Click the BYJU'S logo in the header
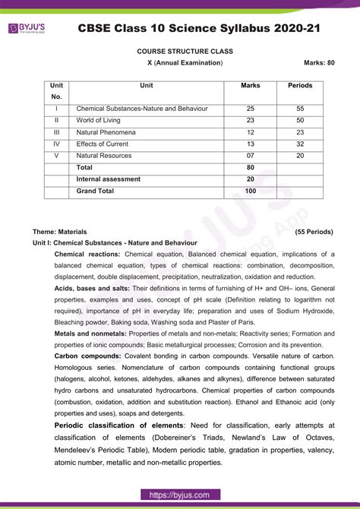pyautogui.click(x=28, y=27)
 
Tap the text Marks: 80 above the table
pyautogui.click(x=319, y=62)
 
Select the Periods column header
pyautogui.click(x=300, y=86)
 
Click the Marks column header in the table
pyautogui.click(x=250, y=86)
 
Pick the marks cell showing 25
pyautogui.click(x=250, y=109)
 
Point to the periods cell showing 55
pyautogui.click(x=300, y=109)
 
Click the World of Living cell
pyautogui.click(x=106, y=120)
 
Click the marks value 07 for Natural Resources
pyautogui.click(x=250, y=156)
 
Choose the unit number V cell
pyautogui.click(x=56, y=156)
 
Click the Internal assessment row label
pyautogui.click(x=109, y=179)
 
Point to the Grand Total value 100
pyautogui.click(x=250, y=191)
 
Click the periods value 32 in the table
pyautogui.click(x=300, y=144)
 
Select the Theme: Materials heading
pyautogui.click(x=60, y=231)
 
